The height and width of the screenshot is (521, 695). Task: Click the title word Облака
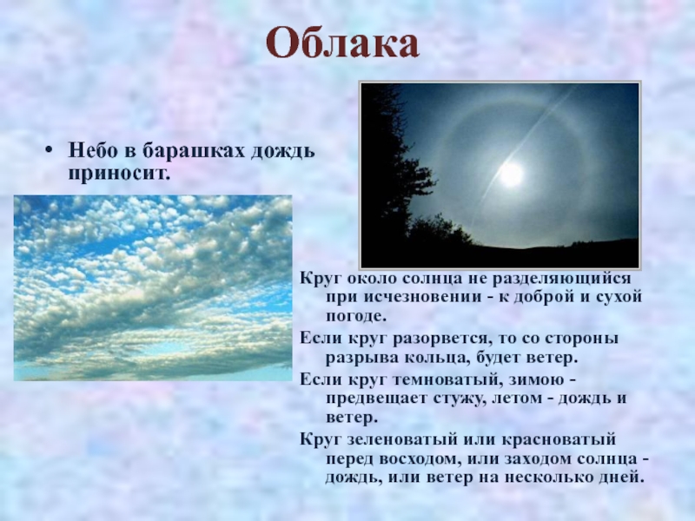pos(342,43)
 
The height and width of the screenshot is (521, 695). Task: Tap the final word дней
pos(622,478)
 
